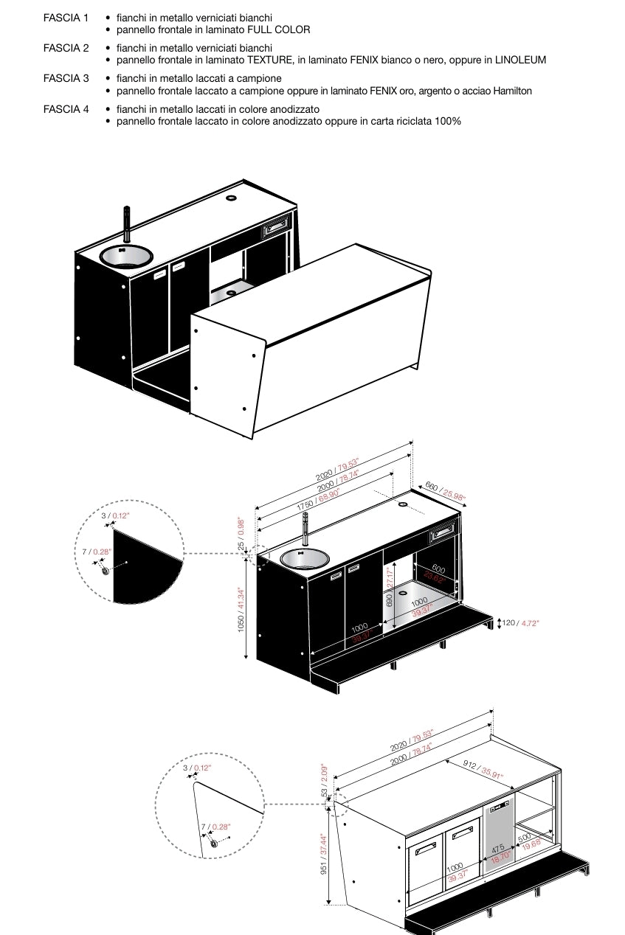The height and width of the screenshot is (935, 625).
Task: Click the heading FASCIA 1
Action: [66, 17]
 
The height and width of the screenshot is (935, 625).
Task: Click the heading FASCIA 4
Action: [66, 109]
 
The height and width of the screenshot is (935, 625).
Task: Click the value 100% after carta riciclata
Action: [448, 121]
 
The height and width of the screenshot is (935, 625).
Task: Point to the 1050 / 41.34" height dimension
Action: [241, 609]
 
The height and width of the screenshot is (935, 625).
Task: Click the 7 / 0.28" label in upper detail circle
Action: [96, 551]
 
